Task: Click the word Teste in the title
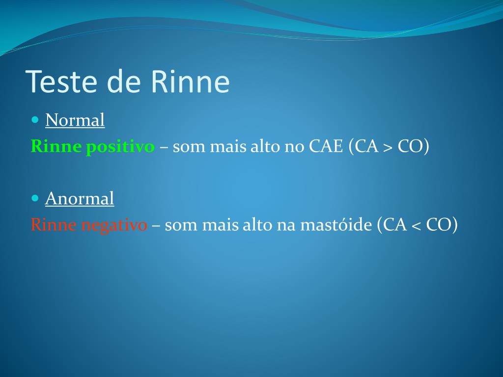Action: click(62, 81)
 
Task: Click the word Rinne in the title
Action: click(190, 81)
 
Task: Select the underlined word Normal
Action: click(75, 120)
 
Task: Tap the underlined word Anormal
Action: click(80, 199)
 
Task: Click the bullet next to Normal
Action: click(34, 119)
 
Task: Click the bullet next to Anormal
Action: click(34, 198)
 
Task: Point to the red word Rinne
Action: click(54, 225)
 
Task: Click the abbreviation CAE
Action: click(326, 147)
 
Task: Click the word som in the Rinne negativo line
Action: click(181, 225)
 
